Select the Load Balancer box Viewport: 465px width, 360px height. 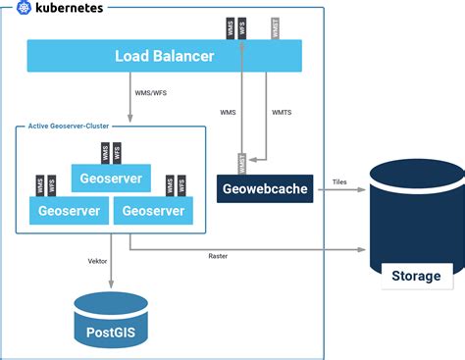[164, 56]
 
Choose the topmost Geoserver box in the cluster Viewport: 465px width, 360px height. [111, 180]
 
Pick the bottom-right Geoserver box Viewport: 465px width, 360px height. [153, 210]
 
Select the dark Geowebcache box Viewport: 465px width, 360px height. [264, 187]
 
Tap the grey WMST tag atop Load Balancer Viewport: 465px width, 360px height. [275, 28]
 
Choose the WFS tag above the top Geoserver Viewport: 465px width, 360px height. [118, 152]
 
